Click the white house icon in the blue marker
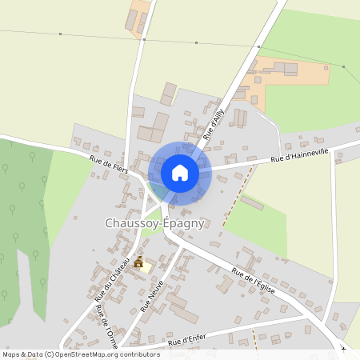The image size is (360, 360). coord(180,172)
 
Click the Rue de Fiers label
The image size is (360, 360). coord(109,166)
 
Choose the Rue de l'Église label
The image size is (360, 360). coord(254,281)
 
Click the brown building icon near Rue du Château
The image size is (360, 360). coord(139,262)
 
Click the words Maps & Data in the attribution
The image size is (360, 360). coord(22,354)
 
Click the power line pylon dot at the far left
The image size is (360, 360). coord(60,34)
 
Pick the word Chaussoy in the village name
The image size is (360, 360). coord(132,224)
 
